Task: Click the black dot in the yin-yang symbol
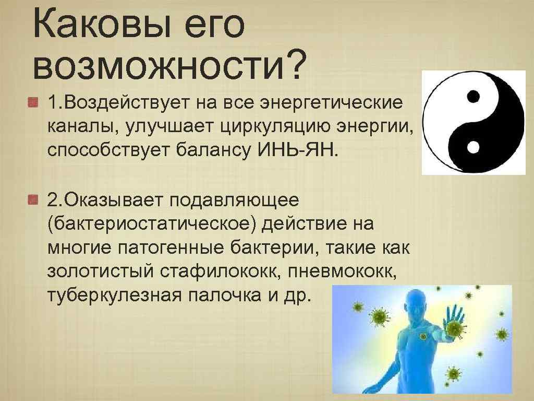click(x=473, y=97)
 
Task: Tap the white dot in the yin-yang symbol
click(x=473, y=148)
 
